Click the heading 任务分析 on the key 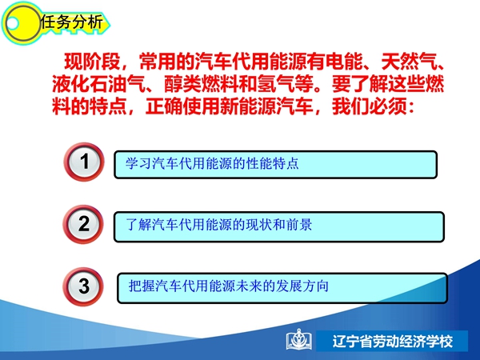72,22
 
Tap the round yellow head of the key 21,23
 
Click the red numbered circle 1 83,162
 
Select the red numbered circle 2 83,224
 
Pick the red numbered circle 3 83,286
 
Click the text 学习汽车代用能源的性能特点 212,163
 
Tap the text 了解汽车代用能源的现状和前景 219,225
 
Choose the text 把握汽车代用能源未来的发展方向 228,286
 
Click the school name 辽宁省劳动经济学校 393,342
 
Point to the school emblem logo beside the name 299,339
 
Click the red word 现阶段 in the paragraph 92,62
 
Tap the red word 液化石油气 98,84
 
